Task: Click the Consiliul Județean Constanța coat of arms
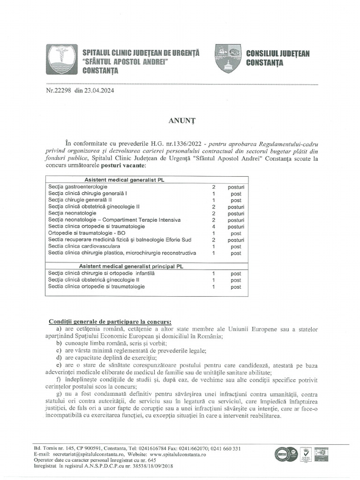pyautogui.click(x=228, y=58)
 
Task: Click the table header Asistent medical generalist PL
pyautogui.click(x=124, y=180)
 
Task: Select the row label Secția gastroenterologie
pyautogui.click(x=77, y=187)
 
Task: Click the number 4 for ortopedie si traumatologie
pyautogui.click(x=213, y=226)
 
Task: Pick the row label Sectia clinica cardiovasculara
pyautogui.click(x=84, y=246)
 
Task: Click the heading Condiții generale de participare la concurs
pyautogui.click(x=110, y=322)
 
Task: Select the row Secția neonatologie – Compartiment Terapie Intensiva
pyautogui.click(x=114, y=220)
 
